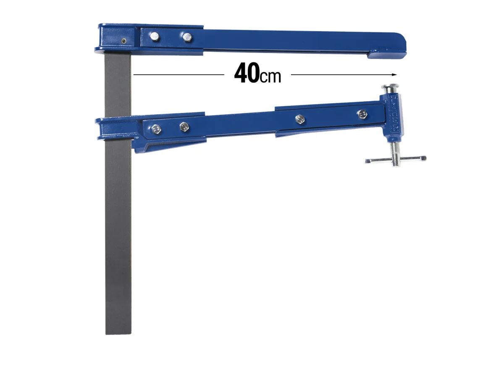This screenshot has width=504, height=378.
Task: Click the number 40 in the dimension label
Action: (x=247, y=74)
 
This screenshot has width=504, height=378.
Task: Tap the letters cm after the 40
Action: (x=270, y=77)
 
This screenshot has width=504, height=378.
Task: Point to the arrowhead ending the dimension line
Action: (x=394, y=75)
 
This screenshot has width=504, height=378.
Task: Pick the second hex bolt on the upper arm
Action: (x=186, y=37)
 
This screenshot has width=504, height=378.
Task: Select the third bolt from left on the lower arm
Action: (x=299, y=119)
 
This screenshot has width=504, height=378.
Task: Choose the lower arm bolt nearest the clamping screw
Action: (x=361, y=114)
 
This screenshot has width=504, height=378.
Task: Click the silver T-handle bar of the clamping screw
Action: (x=395, y=159)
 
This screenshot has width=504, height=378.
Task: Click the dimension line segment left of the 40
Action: (x=178, y=75)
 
